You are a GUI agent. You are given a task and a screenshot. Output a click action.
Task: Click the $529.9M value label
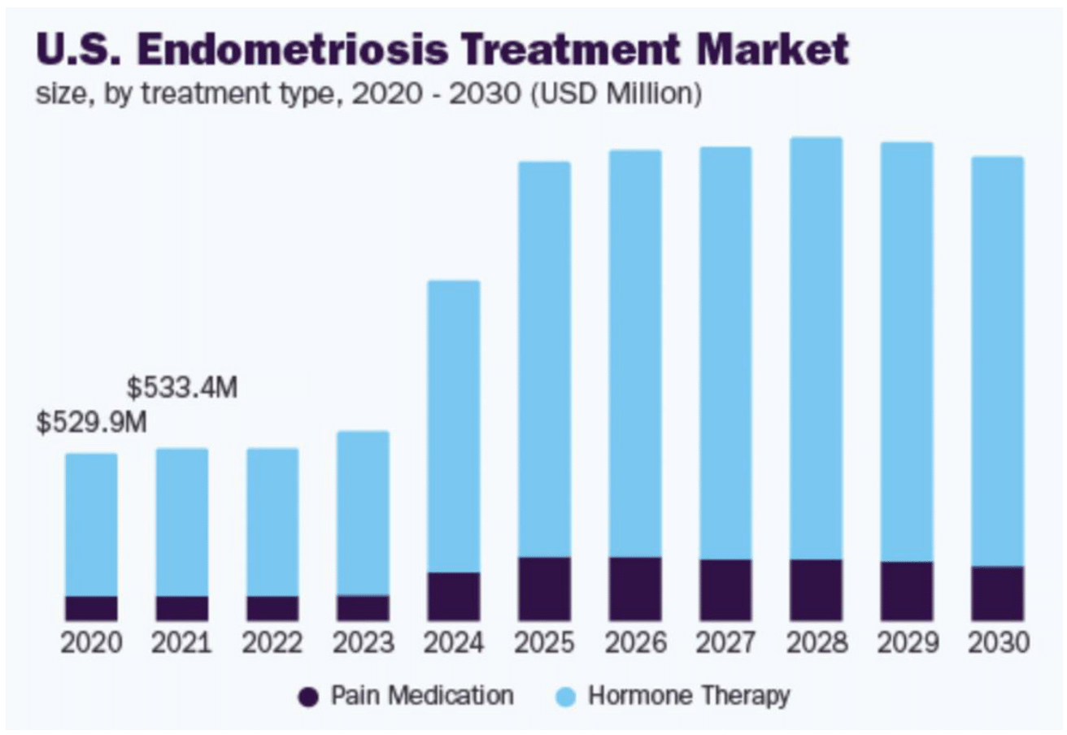click(x=92, y=423)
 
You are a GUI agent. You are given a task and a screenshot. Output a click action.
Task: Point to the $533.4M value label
click(x=182, y=388)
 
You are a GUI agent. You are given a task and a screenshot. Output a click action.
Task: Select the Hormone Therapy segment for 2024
click(x=454, y=426)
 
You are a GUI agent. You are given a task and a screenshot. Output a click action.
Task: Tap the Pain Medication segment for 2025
click(x=544, y=589)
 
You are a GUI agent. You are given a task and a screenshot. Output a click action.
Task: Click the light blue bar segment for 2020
click(x=91, y=524)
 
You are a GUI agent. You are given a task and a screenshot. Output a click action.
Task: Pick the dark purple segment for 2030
click(x=997, y=594)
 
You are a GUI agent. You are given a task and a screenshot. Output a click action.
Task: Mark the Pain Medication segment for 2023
click(x=363, y=607)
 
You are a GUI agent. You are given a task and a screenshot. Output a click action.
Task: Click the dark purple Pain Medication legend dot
click(x=309, y=697)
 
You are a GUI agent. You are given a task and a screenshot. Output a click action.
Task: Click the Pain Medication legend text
click(x=421, y=696)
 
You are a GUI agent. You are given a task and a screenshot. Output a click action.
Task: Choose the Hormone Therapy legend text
click(x=688, y=696)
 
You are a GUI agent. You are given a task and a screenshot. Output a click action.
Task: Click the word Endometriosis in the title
click(x=297, y=50)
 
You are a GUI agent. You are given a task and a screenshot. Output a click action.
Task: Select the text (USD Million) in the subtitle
click(x=615, y=93)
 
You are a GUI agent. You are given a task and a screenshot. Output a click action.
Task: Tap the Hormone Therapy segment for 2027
click(x=725, y=353)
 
